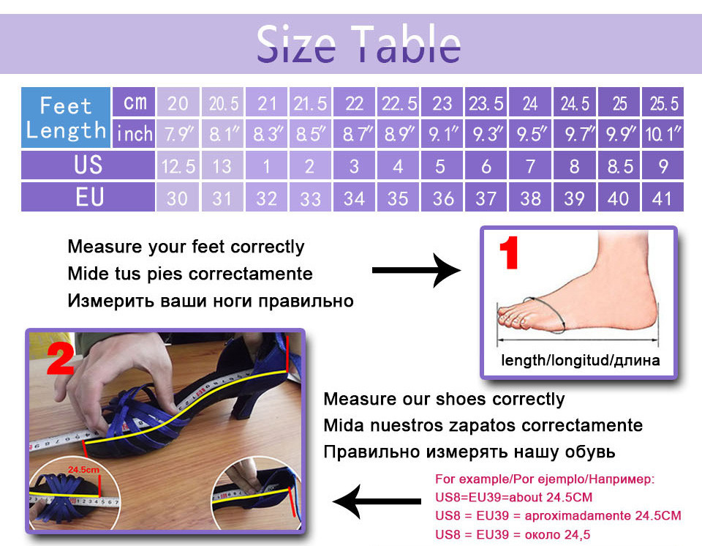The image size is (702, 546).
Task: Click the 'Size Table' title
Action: tap(358, 44)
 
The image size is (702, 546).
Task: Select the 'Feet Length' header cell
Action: tap(66, 117)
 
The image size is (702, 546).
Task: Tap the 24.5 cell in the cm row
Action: tap(575, 102)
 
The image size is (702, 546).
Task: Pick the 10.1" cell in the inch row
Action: tap(663, 133)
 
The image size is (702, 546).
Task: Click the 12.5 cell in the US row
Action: tap(178, 165)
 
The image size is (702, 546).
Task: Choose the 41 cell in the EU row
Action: tap(663, 197)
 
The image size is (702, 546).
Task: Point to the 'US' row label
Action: tap(88, 165)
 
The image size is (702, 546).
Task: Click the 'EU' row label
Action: tap(88, 197)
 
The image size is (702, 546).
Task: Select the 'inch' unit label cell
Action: tap(134, 133)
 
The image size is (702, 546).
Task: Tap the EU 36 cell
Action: tap(442, 197)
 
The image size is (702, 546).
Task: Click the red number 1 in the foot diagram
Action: tap(509, 253)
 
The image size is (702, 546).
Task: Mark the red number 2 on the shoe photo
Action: tap(60, 358)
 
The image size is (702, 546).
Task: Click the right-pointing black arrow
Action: tap(416, 270)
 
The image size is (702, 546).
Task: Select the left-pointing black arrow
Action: tap(377, 501)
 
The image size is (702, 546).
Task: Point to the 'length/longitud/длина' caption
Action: tap(580, 360)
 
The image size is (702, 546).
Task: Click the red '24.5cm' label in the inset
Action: tap(83, 470)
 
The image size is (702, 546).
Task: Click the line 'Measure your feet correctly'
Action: tap(186, 247)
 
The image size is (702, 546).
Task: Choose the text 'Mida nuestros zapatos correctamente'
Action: tap(483, 425)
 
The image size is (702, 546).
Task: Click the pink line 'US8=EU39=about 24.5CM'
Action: tap(513, 497)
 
